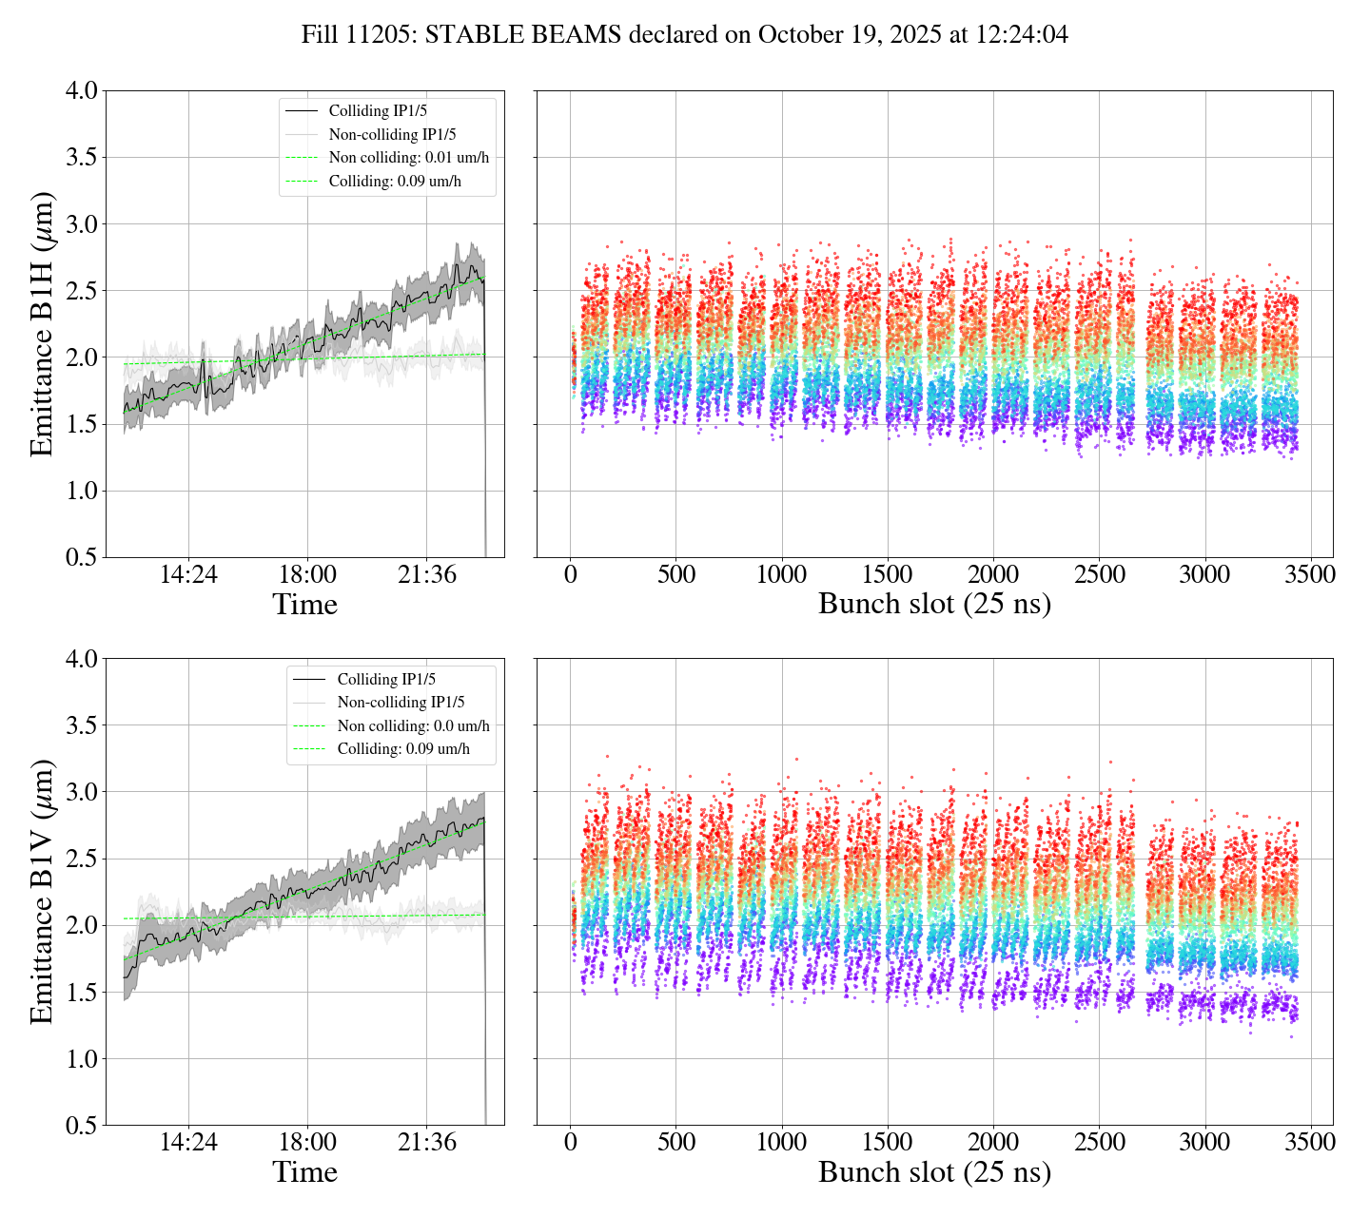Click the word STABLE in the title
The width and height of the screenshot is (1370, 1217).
pyautogui.click(x=469, y=35)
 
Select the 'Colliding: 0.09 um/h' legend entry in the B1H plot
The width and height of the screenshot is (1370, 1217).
pyautogui.click(x=395, y=181)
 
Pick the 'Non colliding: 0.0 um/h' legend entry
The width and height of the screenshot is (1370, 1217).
pyautogui.click(x=413, y=725)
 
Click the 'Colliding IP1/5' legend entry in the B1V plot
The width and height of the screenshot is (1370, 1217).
pyautogui.click(x=386, y=679)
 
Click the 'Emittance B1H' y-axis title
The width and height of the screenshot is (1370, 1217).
pyautogui.click(x=43, y=323)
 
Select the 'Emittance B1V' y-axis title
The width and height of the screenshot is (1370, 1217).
pyautogui.click(x=43, y=891)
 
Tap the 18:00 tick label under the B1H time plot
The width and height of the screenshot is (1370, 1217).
pyautogui.click(x=307, y=574)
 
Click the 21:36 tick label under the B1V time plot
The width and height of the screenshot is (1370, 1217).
pyautogui.click(x=427, y=1142)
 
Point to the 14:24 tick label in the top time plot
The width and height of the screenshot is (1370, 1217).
pyautogui.click(x=188, y=574)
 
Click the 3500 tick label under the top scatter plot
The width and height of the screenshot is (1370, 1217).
pyautogui.click(x=1310, y=574)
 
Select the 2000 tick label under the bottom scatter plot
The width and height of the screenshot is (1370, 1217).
pyautogui.click(x=993, y=1142)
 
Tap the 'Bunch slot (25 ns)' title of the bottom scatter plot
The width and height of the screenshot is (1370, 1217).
pyautogui.click(x=934, y=1172)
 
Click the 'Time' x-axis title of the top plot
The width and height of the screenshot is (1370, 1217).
pyautogui.click(x=304, y=605)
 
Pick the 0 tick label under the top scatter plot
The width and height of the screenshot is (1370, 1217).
pyautogui.click(x=571, y=574)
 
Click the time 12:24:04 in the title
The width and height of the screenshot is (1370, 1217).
pyautogui.click(x=1017, y=35)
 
